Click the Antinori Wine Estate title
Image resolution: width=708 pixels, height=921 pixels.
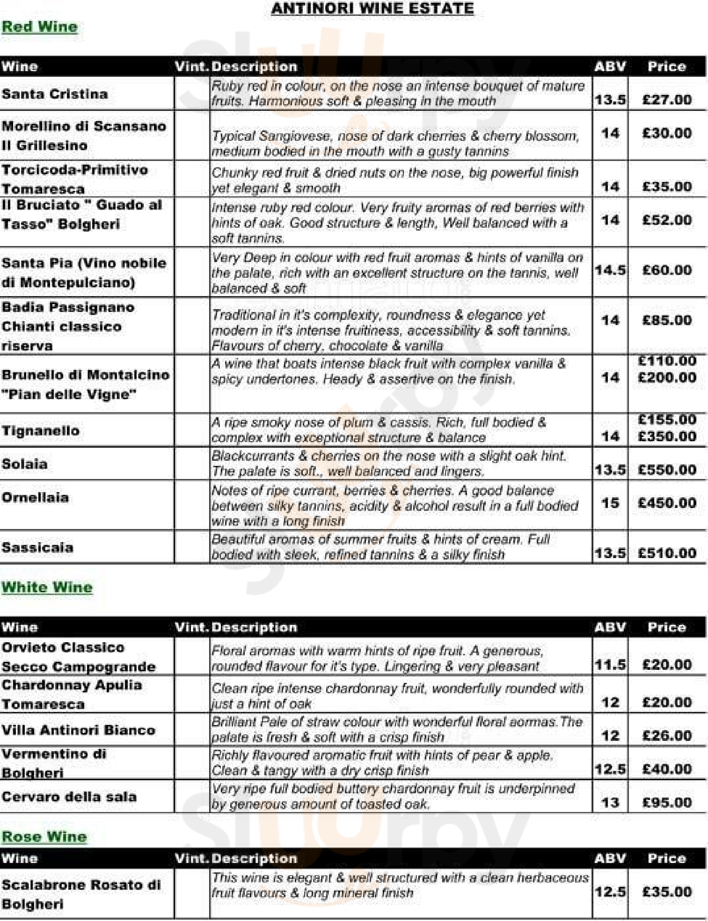point(372,8)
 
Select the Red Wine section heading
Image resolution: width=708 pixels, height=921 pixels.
point(39,27)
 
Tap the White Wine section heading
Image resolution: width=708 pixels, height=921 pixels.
point(47,587)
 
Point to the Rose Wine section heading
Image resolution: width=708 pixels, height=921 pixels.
point(44,836)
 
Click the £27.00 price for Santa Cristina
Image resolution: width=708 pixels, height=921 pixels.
point(667,100)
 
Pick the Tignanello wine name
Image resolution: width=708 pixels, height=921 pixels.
point(41,430)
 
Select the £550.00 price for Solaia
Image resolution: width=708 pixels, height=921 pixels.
point(667,470)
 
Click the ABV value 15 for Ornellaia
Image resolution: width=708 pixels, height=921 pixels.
point(610,503)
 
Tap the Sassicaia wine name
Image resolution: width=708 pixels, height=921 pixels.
point(37,547)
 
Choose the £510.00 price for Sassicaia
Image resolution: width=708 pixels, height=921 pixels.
point(667,553)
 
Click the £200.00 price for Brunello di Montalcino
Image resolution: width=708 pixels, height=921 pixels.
point(667,377)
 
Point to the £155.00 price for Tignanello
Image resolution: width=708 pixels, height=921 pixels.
point(667,419)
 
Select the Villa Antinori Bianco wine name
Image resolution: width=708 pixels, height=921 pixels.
point(78,730)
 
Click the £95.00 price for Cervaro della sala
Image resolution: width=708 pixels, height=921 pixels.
point(667,803)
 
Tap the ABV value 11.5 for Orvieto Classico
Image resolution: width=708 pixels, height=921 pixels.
point(610,665)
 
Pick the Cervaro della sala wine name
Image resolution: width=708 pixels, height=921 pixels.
point(69,797)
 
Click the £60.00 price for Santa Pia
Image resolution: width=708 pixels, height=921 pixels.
point(667,270)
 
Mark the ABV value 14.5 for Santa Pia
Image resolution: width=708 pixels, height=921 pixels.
point(610,270)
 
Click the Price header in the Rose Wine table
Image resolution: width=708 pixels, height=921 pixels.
point(666,858)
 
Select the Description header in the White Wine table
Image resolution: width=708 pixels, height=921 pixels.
point(254,627)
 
